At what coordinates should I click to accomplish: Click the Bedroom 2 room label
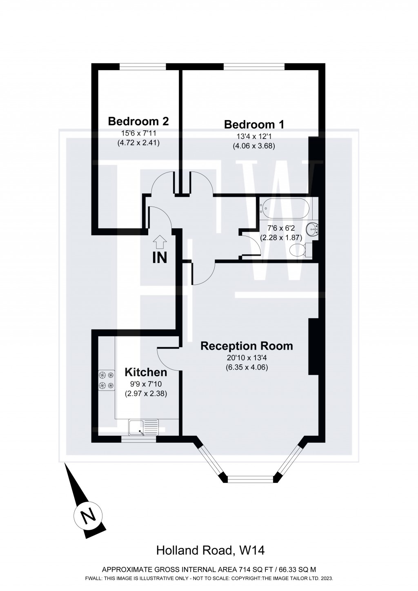138,121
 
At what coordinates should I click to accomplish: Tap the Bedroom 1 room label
254,124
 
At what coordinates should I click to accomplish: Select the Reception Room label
247,346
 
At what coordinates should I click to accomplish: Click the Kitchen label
146,372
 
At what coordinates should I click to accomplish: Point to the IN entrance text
160,258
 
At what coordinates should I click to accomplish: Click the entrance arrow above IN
160,243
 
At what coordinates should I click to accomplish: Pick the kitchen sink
143,427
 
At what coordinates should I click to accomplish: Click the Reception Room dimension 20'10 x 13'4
247,358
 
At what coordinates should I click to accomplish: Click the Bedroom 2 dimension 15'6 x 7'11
138,133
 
